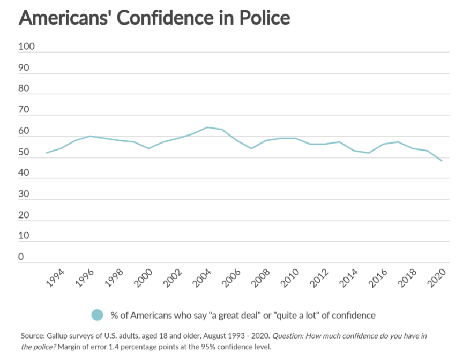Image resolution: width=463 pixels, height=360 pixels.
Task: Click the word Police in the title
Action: [262, 18]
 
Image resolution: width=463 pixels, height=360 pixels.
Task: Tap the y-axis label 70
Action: [24, 110]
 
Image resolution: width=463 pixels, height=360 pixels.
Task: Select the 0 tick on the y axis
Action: [21, 257]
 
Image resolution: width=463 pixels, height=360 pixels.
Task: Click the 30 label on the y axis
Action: [24, 194]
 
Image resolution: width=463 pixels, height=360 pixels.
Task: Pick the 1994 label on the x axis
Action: [55, 279]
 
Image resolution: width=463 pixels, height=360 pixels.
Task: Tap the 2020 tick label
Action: [435, 279]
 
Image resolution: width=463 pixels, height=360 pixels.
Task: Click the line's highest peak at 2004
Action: [207, 127]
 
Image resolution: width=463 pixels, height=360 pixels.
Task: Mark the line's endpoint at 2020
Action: [442, 161]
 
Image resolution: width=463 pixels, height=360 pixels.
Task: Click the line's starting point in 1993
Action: [47, 153]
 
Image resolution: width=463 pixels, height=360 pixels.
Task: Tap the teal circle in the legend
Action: [97, 315]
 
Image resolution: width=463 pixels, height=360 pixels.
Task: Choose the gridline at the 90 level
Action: [241, 73]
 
